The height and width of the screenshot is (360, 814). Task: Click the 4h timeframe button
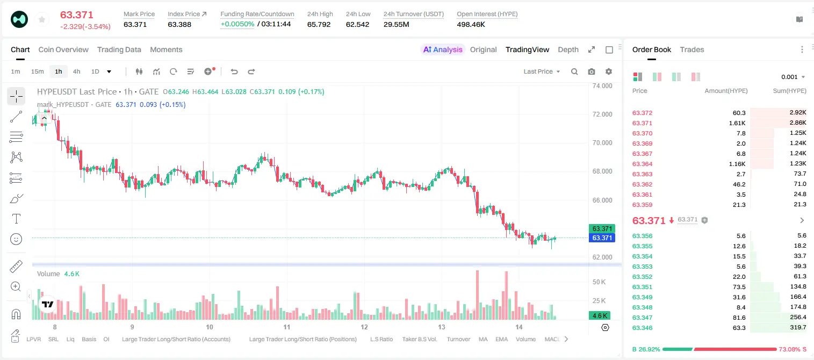pyautogui.click(x=76, y=71)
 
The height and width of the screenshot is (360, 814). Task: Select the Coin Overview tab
pyautogui.click(x=63, y=49)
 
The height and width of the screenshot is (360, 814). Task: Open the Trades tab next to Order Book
pyautogui.click(x=692, y=49)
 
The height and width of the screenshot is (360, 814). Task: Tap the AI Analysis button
pyautogui.click(x=443, y=49)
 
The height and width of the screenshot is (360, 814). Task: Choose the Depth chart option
pyautogui.click(x=568, y=49)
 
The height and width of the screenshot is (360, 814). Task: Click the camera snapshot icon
pyautogui.click(x=592, y=71)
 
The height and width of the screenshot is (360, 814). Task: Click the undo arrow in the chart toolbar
pyautogui.click(x=234, y=71)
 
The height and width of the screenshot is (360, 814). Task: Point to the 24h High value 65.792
pyautogui.click(x=319, y=24)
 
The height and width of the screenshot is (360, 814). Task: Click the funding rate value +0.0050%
pyautogui.click(x=237, y=24)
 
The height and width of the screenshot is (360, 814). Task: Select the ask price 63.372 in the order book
pyautogui.click(x=642, y=113)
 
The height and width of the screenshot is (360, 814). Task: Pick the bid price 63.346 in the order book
pyautogui.click(x=642, y=328)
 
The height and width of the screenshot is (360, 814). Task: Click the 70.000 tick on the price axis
pyautogui.click(x=602, y=143)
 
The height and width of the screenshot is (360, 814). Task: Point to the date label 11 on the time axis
pyautogui.click(x=287, y=327)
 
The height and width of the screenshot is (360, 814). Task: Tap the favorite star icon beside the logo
pyautogui.click(x=42, y=19)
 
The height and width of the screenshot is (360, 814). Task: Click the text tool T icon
pyautogui.click(x=16, y=219)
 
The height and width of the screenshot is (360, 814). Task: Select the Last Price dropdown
pyautogui.click(x=542, y=71)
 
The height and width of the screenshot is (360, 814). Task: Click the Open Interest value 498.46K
pyautogui.click(x=471, y=24)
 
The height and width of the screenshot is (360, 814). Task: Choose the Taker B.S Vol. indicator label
pyautogui.click(x=419, y=339)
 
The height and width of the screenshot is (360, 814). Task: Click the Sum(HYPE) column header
pyautogui.click(x=789, y=91)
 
